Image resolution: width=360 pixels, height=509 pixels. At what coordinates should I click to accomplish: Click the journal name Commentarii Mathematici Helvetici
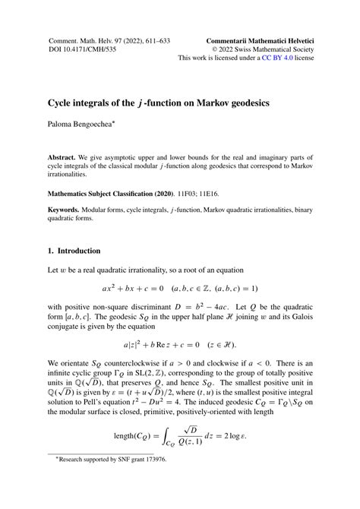coord(261,37)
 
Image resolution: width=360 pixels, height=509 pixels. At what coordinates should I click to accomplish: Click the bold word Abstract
coord(65,150)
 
